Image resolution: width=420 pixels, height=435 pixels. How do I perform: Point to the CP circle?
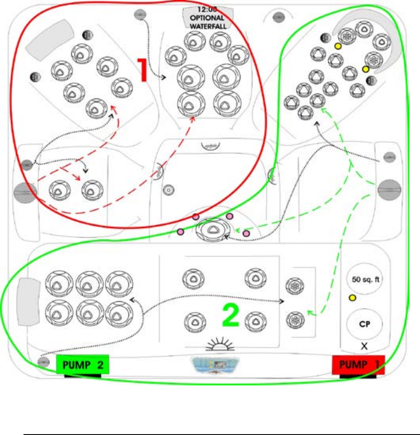364,324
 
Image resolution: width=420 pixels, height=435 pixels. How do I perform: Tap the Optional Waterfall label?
207,18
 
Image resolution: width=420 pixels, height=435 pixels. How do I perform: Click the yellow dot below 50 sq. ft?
352,298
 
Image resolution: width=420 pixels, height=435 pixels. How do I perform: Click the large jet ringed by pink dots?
212,230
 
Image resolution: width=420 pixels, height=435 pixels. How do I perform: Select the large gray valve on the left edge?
25,193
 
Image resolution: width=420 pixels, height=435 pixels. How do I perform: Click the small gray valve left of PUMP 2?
43,363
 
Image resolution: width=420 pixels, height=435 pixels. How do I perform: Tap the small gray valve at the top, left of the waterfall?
140,14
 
